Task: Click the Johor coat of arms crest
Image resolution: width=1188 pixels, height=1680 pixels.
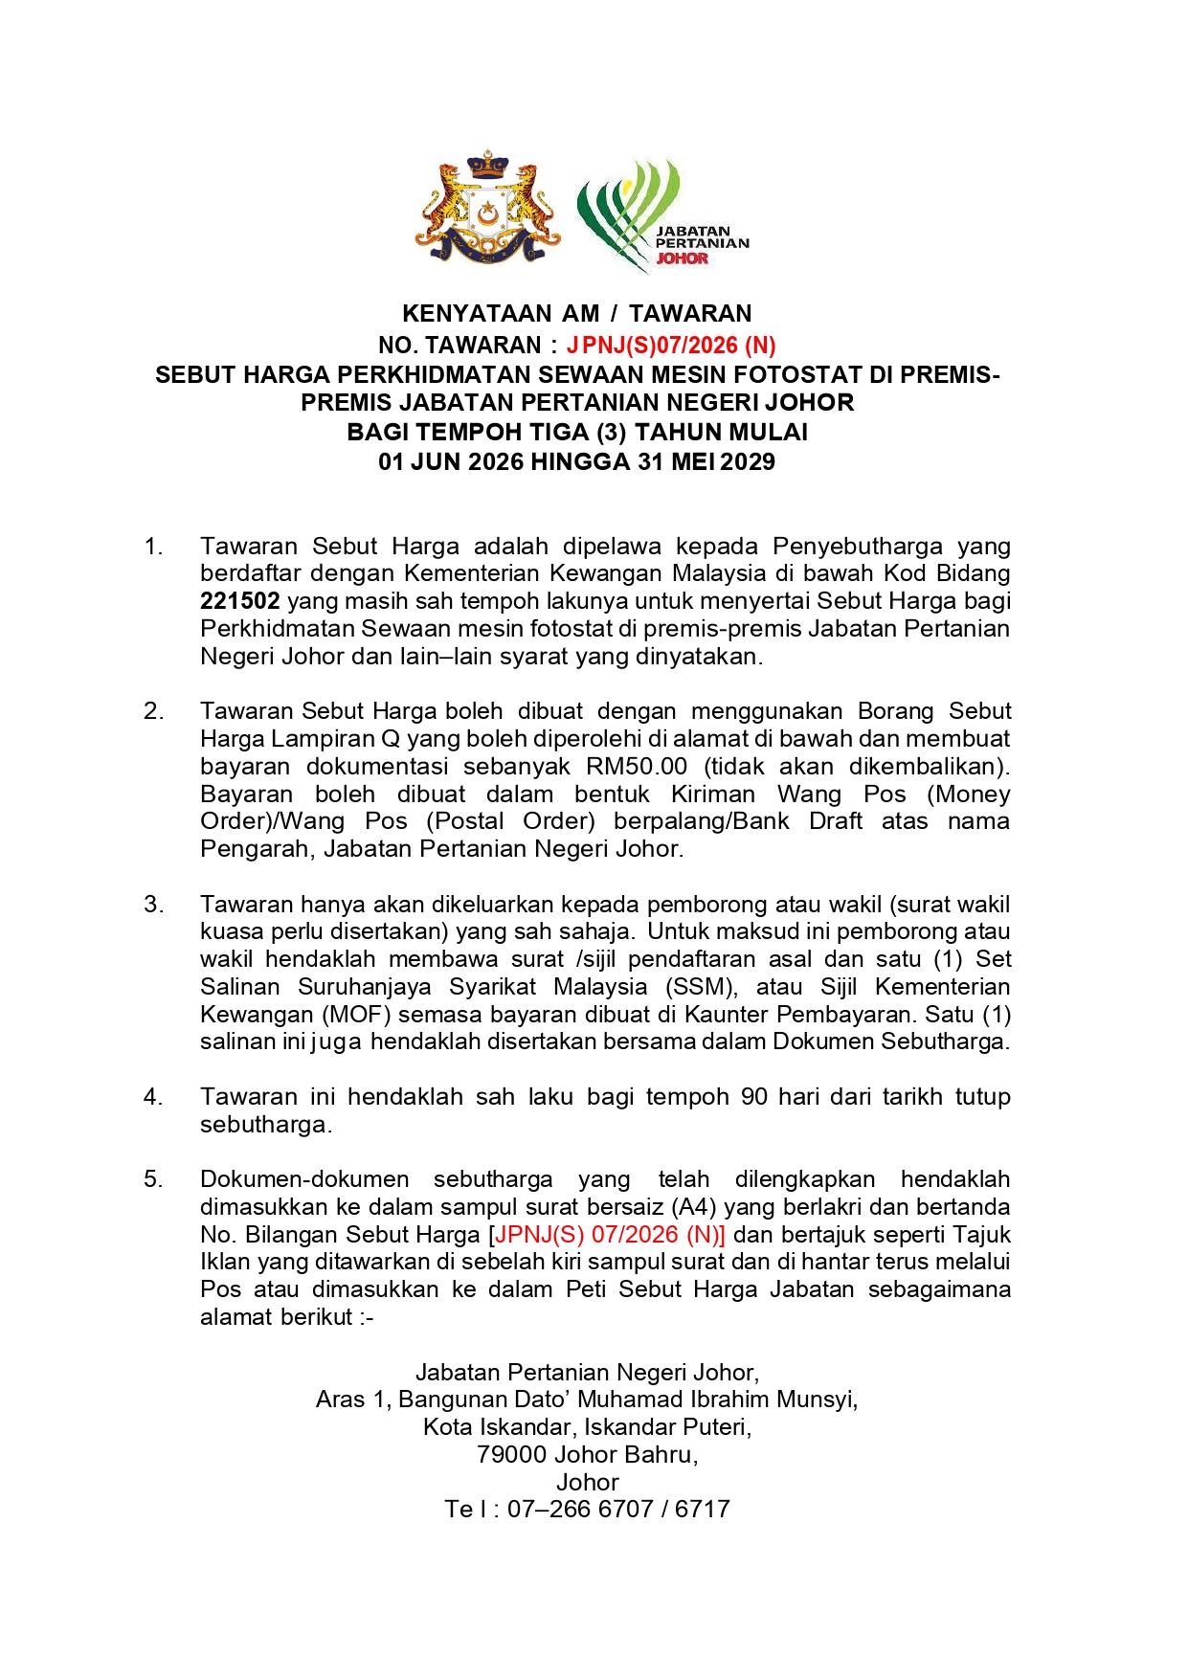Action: pos(487,208)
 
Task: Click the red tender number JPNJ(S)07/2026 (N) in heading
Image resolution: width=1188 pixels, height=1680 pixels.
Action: pos(670,345)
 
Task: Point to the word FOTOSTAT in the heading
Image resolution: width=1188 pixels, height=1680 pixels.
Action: pos(782,374)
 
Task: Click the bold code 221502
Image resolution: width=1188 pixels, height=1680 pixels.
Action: pos(239,601)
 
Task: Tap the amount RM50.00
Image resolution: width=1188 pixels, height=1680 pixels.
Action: pos(631,766)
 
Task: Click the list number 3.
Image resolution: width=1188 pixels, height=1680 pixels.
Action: pos(153,905)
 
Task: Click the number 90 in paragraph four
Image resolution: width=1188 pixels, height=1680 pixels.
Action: pos(754,1097)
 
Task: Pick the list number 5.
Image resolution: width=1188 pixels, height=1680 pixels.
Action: pos(153,1179)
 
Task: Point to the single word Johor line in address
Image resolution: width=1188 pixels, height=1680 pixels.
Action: pos(588,1482)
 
